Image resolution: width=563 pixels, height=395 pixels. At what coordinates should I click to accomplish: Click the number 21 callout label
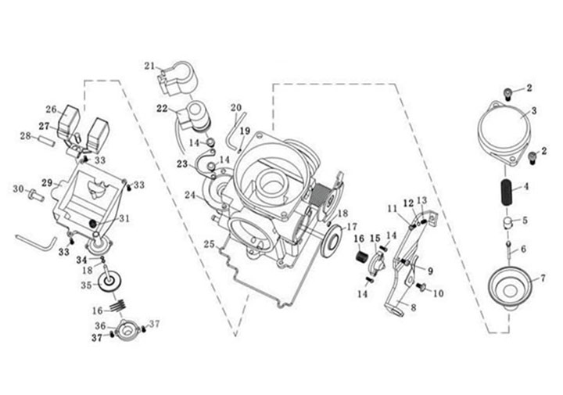click(x=150, y=66)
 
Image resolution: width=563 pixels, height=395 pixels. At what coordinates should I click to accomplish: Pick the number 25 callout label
click(x=209, y=244)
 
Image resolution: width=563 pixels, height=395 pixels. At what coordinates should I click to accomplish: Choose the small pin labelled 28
click(x=46, y=142)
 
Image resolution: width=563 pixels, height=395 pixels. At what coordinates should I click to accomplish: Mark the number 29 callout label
click(x=47, y=183)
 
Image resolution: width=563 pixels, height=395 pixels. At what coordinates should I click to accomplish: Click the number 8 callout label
click(x=413, y=308)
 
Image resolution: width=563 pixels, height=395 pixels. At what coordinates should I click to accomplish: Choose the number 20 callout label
click(x=236, y=107)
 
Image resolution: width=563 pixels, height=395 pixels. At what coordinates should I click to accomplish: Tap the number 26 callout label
click(x=51, y=109)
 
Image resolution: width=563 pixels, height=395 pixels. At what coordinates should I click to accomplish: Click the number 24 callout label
click(x=189, y=196)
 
